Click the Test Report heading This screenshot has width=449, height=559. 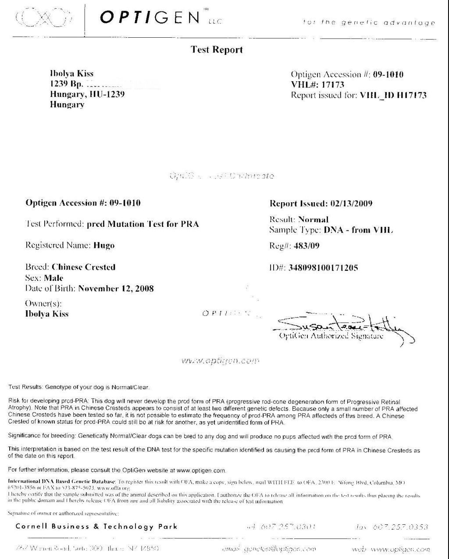click(x=217, y=50)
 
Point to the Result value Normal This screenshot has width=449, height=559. click(x=313, y=219)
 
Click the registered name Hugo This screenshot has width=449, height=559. click(x=104, y=245)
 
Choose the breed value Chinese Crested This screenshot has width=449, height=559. click(x=83, y=267)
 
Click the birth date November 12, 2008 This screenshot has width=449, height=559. click(x=116, y=288)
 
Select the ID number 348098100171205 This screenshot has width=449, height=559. click(x=323, y=267)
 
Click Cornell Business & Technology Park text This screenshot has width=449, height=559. click(x=96, y=527)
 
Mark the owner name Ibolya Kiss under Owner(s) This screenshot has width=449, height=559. click(x=47, y=314)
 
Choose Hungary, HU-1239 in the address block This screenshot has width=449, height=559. click(x=87, y=94)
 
